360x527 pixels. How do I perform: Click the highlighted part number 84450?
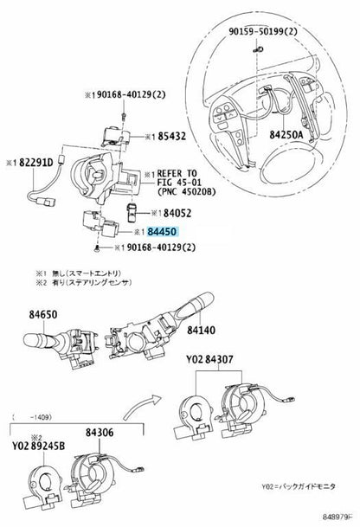162,232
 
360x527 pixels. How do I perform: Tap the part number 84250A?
286,135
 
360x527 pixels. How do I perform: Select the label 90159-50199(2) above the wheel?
263,31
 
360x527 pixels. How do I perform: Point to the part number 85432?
171,136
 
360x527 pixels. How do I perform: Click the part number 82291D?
36,163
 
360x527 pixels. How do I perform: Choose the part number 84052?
177,213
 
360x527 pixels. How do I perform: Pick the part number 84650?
43,315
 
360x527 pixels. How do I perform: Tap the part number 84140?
201,330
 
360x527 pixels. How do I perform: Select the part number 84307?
219,360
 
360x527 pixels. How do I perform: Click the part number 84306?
100,433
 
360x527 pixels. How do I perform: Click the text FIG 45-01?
179,183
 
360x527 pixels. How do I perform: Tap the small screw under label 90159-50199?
258,49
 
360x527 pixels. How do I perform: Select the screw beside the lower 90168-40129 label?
97,249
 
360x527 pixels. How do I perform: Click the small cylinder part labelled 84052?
132,212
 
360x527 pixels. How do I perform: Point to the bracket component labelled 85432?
116,136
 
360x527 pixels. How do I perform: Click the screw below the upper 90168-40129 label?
124,116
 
